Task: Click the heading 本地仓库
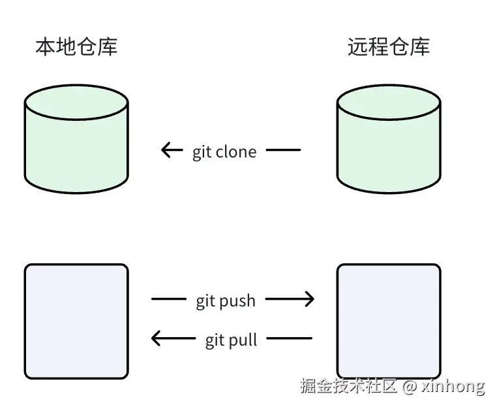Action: point(76,47)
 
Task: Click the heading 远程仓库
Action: point(389,47)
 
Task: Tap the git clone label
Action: point(224,152)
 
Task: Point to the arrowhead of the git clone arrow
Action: point(165,150)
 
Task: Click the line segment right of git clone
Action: point(284,150)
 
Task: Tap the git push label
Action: point(226,301)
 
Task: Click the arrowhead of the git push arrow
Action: point(310,299)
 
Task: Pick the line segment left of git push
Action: point(168,299)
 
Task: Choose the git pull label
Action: point(231,340)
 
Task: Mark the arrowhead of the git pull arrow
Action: point(155,338)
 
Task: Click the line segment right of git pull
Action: point(290,338)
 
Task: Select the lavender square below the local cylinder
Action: point(76,321)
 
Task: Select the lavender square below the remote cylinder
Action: point(389,321)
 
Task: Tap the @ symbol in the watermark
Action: point(410,386)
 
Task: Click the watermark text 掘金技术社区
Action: point(348,386)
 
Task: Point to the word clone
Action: point(235,152)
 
